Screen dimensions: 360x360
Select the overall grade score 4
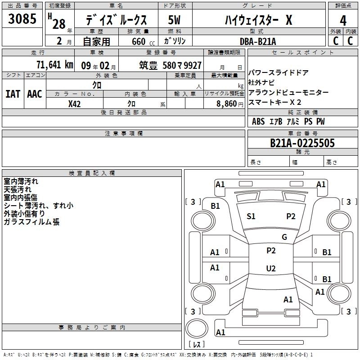(x=343, y=20)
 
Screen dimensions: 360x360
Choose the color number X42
(x=75, y=103)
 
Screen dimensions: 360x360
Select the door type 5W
(x=174, y=20)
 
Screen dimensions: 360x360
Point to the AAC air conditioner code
(x=34, y=94)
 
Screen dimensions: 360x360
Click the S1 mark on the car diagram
(x=251, y=216)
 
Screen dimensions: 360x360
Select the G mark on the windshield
(x=284, y=237)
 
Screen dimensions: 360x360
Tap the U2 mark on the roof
(x=270, y=269)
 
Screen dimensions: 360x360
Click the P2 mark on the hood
(x=291, y=216)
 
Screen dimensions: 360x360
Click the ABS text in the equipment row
(x=258, y=121)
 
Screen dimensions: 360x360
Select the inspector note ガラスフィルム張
(x=31, y=222)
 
